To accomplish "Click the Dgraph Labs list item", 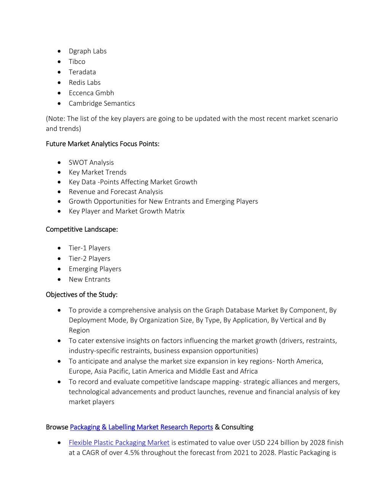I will tap(88, 51).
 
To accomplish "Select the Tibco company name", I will tap(77, 62).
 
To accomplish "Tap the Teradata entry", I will tap(82, 72).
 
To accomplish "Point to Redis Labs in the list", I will tap(85, 83).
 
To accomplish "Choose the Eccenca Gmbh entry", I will tap(91, 93).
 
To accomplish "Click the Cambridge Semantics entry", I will tap(102, 103).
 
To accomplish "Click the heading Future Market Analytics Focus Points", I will tap(102, 144).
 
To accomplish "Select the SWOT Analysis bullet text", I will tap(91, 162).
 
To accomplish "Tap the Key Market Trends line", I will tap(97, 172).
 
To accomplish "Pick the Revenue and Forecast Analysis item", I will tap(116, 192).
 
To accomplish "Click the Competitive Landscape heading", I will tap(82, 229).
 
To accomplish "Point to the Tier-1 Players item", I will tap(90, 248).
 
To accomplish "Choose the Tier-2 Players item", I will tap(90, 259).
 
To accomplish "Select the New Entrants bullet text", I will tap(90, 280).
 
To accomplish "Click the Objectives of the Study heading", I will tap(82, 295).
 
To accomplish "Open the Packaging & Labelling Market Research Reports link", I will tap(141, 427).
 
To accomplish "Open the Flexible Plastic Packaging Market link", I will tap(119, 443).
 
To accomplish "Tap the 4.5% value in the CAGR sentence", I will tap(132, 453).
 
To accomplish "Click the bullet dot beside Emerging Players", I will tap(59, 269).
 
